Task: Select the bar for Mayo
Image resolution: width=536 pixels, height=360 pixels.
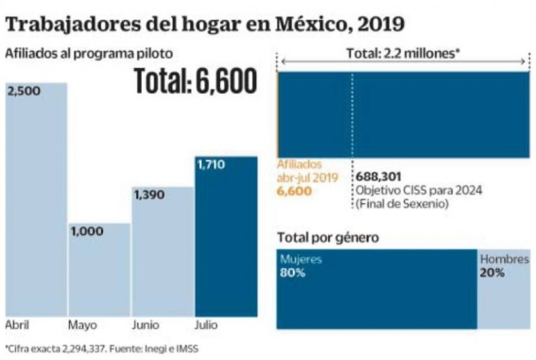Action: point(99,270)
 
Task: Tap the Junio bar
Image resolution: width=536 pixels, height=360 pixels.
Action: point(163,253)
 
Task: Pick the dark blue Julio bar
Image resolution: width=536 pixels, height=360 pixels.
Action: point(226,238)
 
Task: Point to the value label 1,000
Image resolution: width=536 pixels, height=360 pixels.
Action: point(87,231)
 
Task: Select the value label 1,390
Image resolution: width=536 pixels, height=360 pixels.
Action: point(150,195)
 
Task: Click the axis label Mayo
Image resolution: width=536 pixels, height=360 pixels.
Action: point(83,325)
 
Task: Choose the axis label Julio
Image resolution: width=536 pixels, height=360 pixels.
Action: point(206,325)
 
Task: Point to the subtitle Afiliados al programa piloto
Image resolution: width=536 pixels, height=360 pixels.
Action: point(89,53)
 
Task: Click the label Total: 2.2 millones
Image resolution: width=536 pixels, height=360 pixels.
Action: point(404,53)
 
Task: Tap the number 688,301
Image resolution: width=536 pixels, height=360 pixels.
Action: point(379,177)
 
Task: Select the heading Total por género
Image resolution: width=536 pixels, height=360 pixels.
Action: point(328,237)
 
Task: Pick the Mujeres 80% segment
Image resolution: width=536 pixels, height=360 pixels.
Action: point(376,289)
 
